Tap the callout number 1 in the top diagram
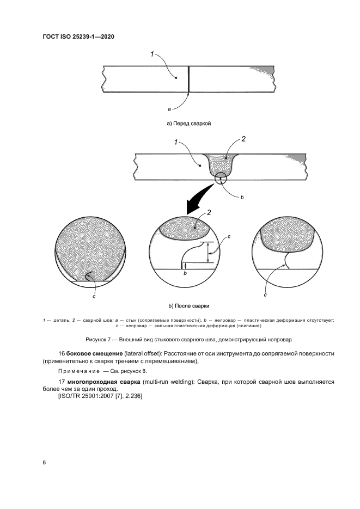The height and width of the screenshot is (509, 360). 152,53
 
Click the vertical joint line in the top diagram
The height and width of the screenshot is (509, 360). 188,79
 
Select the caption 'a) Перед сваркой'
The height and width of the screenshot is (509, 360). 188,124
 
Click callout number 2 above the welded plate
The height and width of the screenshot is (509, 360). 243,139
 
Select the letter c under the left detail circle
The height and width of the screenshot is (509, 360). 94,296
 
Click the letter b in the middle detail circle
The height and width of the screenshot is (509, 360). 186,275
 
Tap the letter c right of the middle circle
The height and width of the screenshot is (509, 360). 229,237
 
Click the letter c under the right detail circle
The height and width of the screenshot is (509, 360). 265,295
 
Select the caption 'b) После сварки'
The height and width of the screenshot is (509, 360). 189,306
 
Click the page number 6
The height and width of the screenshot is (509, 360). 44,462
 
